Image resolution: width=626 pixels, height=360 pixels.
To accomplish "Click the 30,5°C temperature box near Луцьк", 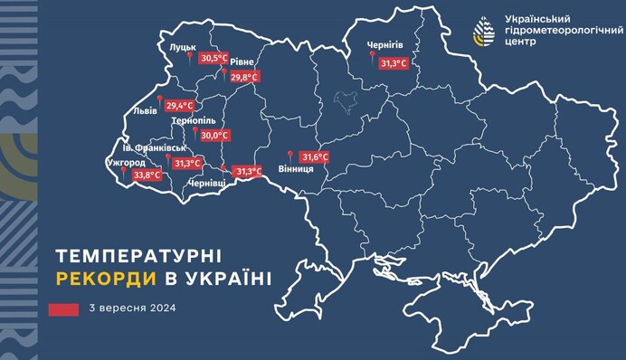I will tap(214, 59).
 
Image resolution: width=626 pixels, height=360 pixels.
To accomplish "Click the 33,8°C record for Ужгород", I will tap(147, 175).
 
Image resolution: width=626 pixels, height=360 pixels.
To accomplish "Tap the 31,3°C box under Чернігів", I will tap(394, 64).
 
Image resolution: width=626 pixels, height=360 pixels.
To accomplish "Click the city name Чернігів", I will tap(385, 45).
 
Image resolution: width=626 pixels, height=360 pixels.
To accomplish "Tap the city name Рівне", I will tap(242, 62).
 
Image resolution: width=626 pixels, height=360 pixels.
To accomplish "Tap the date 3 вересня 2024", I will tap(133, 308).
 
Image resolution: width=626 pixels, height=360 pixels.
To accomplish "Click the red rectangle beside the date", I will tap(65, 309).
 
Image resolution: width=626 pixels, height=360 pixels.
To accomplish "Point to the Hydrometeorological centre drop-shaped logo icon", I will tap(485, 31).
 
